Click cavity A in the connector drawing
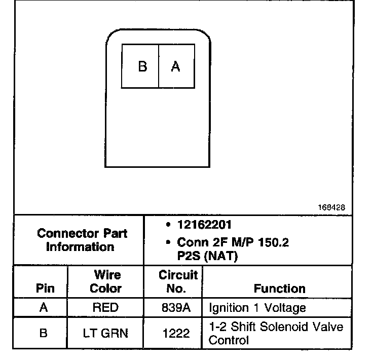coord(176,66)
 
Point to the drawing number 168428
coord(332,207)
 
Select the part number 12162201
coord(204,225)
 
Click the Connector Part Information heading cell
coord(82,240)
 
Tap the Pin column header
coord(43,289)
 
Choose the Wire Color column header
coord(106,282)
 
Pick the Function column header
coord(280,289)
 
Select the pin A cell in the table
coord(43,308)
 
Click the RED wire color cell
coord(106,308)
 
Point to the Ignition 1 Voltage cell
coord(257,308)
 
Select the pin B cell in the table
coord(43,333)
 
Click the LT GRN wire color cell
coord(106,333)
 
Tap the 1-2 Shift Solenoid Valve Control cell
coord(276,333)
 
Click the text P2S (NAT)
coord(207,256)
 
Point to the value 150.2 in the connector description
coord(271,243)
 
